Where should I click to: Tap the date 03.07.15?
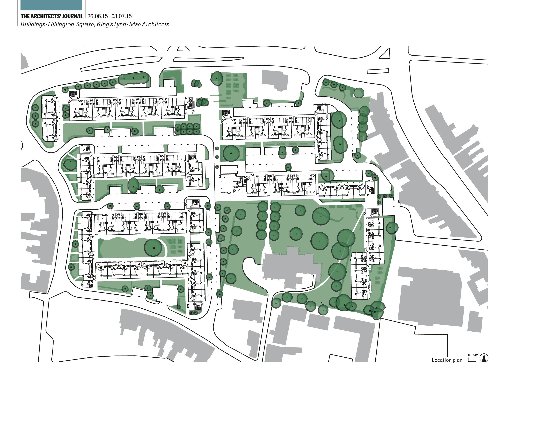click(122, 16)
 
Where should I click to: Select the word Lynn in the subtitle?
click(119, 24)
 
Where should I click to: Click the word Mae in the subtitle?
click(135, 24)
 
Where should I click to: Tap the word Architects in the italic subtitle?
click(155, 24)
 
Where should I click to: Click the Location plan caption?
click(447, 360)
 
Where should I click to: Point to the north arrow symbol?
click(484, 358)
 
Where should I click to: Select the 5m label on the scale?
click(475, 355)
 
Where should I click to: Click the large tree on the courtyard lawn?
click(153, 247)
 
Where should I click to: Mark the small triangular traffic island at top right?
click(386, 54)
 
